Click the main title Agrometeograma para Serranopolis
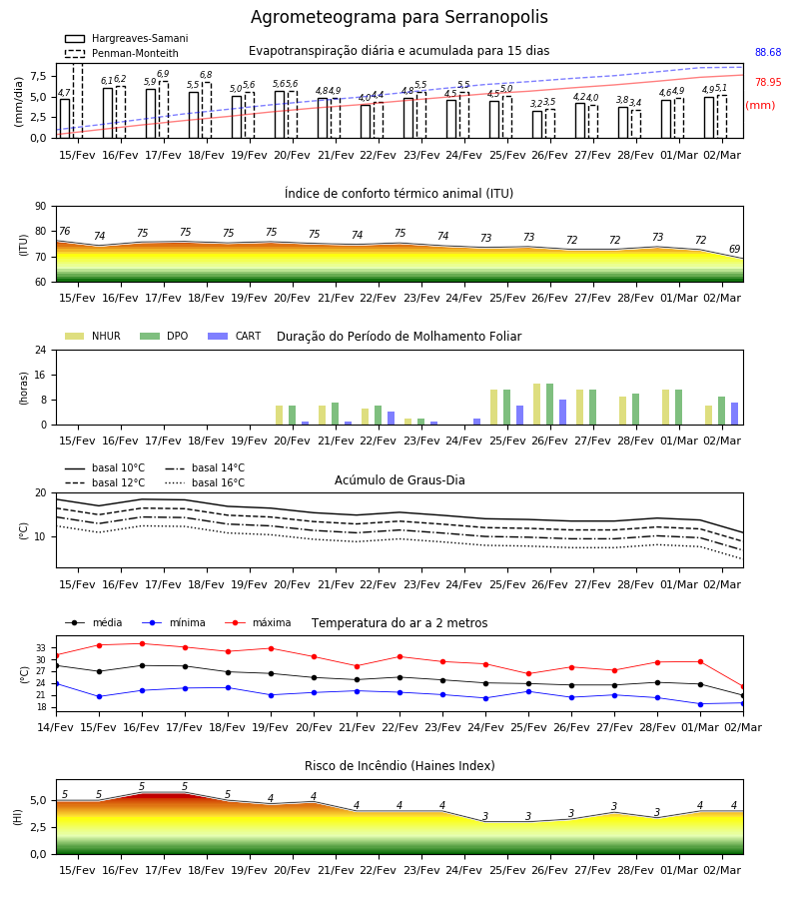399,17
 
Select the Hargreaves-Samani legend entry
127,38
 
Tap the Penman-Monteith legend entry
122,53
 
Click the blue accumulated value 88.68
768,52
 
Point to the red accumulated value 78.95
768,82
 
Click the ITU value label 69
734,249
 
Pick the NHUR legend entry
93,336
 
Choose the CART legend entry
235,336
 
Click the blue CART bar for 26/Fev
563,413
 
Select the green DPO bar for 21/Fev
336,414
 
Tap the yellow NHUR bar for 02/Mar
708,416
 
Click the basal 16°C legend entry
205,482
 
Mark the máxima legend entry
258,622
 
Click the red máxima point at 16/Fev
142,643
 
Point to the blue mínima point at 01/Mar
700,704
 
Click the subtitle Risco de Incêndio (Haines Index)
399,765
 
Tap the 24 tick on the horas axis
41,350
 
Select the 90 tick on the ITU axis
41,207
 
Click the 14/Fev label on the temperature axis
56,727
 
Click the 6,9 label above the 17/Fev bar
163,73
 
